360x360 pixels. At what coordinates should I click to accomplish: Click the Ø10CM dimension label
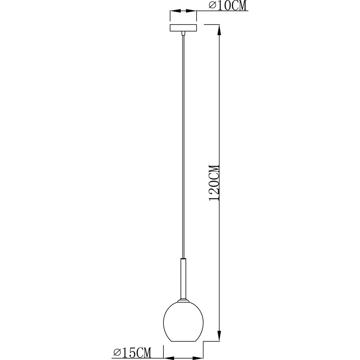pos(228,6)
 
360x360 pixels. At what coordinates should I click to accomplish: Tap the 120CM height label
pos(215,183)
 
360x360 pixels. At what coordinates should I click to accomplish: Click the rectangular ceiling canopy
pos(183,28)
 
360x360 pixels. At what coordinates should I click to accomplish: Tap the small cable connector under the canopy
pos(183,33)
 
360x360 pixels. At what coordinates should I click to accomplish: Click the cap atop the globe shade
pos(183,300)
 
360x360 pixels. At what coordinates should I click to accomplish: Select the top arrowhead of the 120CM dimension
pos(219,30)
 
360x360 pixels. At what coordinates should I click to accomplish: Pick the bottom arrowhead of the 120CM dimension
pos(219,336)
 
